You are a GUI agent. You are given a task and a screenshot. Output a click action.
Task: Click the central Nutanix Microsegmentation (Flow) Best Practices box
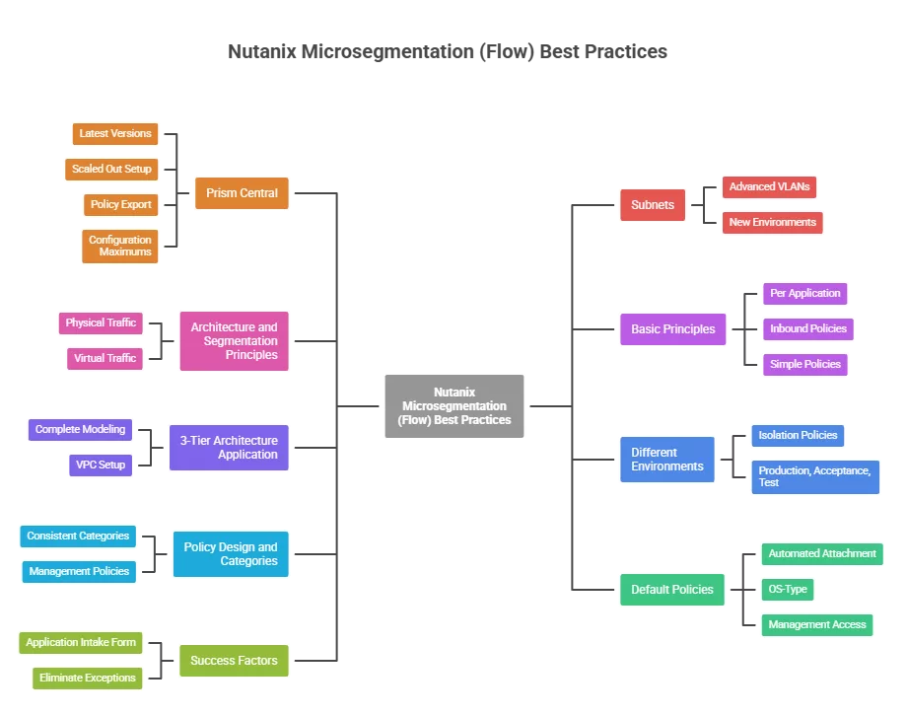pyautogui.click(x=454, y=405)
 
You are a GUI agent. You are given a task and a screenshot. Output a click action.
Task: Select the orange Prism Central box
pyautogui.click(x=242, y=193)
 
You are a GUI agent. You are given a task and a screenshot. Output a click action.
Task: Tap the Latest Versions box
pyautogui.click(x=115, y=133)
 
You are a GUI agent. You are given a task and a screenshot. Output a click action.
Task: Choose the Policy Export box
pyautogui.click(x=121, y=204)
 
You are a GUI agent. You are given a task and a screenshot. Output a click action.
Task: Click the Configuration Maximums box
pyautogui.click(x=120, y=246)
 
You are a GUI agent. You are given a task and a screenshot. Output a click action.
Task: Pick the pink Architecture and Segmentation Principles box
pyautogui.click(x=234, y=341)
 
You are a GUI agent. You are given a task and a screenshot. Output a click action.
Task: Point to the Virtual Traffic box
pyautogui.click(x=105, y=358)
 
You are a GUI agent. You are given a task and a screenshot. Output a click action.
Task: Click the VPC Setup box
pyautogui.click(x=101, y=465)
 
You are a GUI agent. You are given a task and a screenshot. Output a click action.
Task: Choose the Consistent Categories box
pyautogui.click(x=78, y=536)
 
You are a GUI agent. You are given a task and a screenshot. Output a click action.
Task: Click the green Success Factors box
pyautogui.click(x=234, y=661)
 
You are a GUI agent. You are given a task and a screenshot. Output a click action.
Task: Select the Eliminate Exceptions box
pyautogui.click(x=87, y=678)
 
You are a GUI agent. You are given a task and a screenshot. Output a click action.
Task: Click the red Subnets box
pyautogui.click(x=653, y=205)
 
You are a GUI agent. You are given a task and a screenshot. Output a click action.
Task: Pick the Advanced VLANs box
pyautogui.click(x=769, y=186)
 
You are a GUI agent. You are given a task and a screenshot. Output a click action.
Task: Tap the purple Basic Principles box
pyautogui.click(x=672, y=329)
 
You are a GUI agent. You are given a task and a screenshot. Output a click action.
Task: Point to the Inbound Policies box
pyautogui.click(x=808, y=328)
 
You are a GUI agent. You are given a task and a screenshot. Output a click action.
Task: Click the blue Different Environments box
pyautogui.click(x=667, y=460)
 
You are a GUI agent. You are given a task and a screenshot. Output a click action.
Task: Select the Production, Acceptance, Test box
pyautogui.click(x=814, y=476)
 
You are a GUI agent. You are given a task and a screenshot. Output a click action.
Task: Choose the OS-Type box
pyautogui.click(x=788, y=589)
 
